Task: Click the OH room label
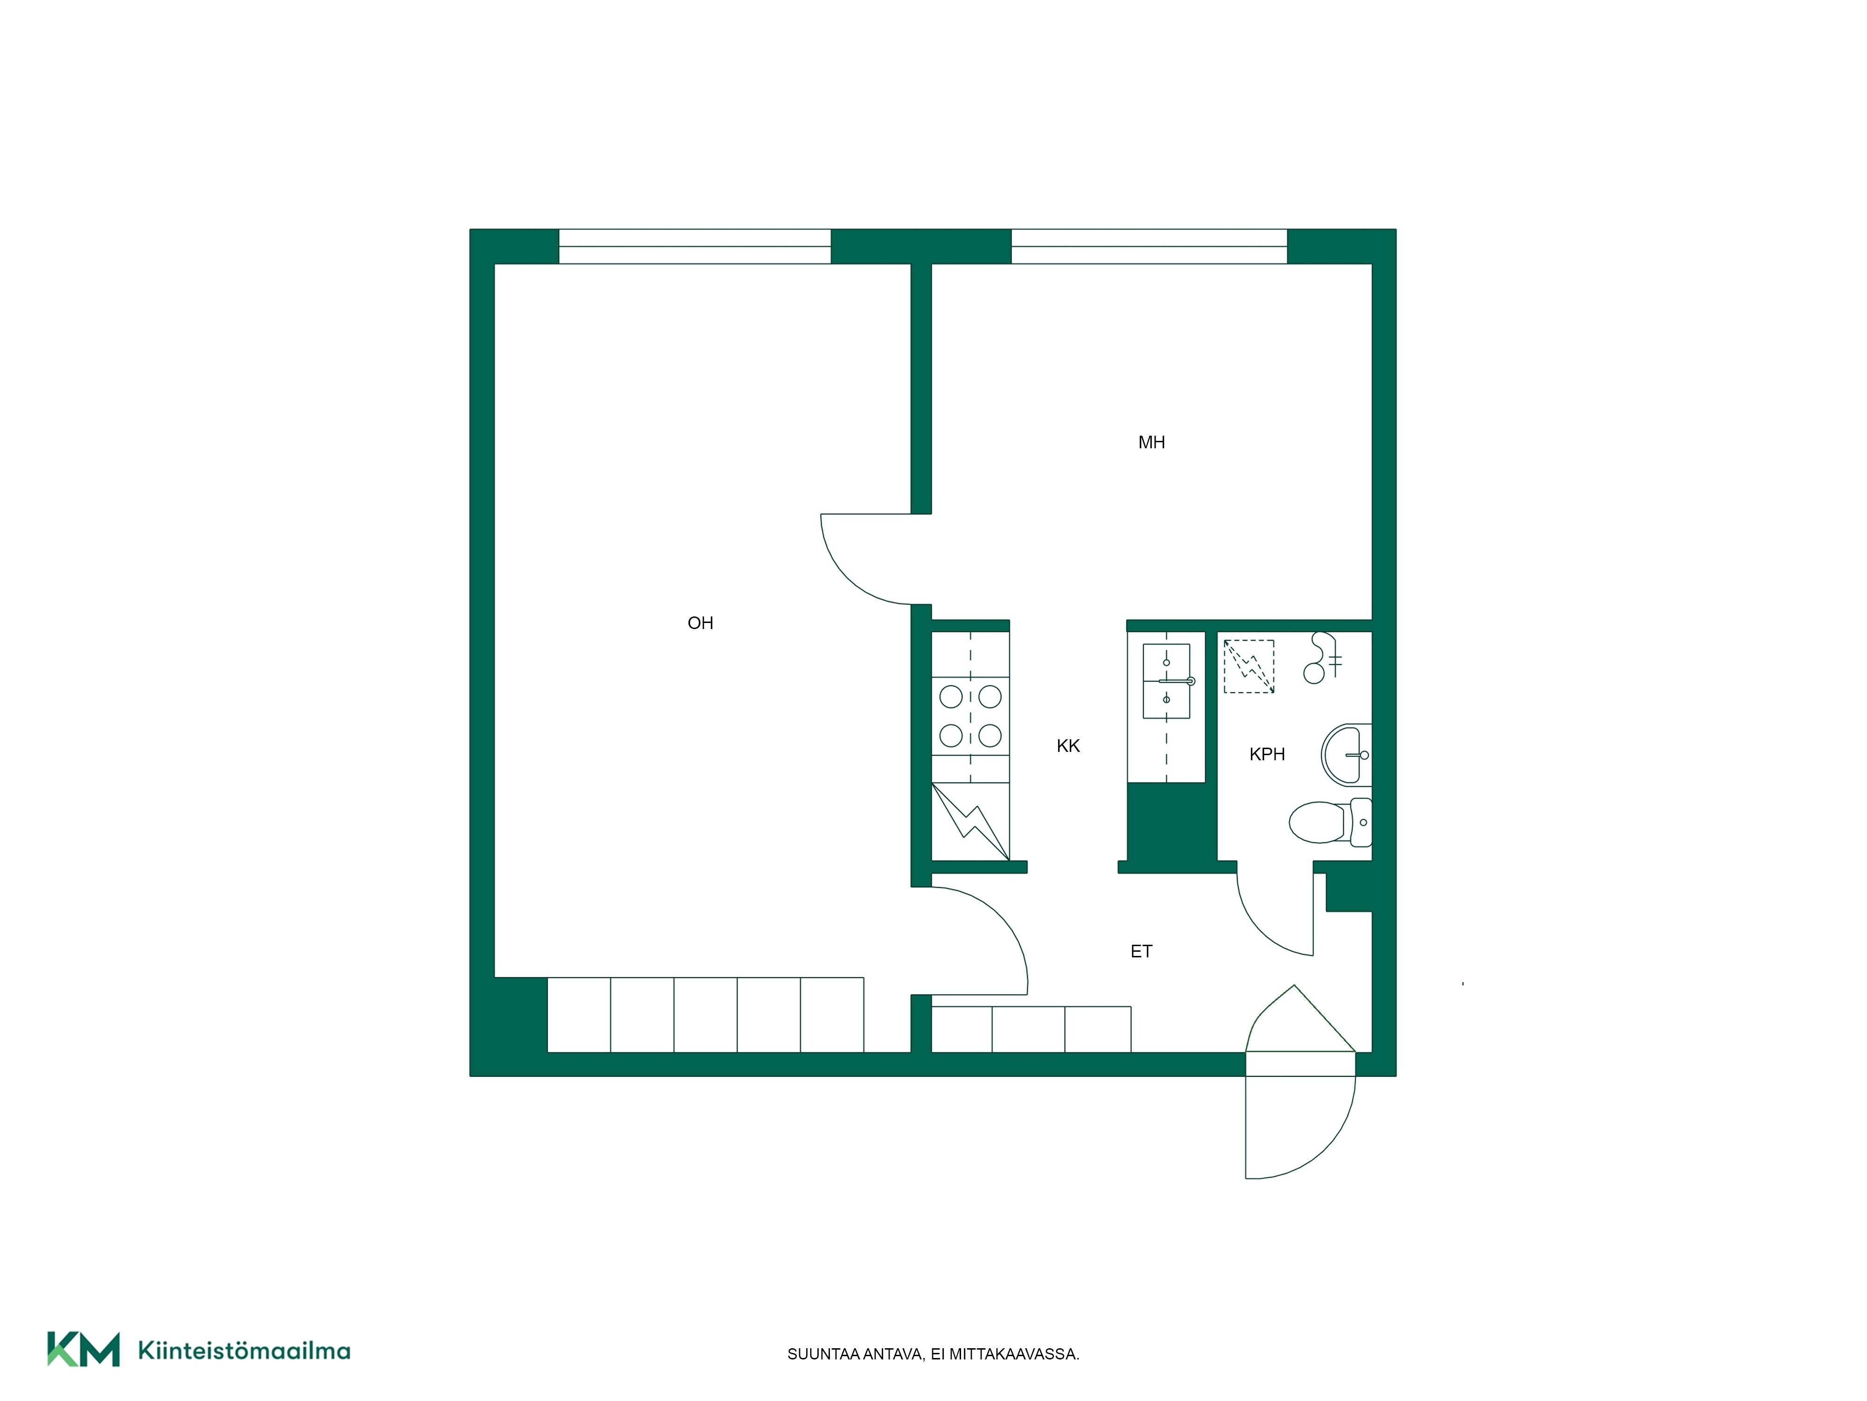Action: tap(701, 623)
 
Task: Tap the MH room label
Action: tap(1151, 443)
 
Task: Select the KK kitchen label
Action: tap(1068, 746)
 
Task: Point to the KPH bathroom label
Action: tap(1267, 754)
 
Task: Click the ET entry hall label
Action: tap(1141, 952)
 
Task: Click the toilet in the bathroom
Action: tap(1329, 821)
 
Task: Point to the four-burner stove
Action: tap(971, 716)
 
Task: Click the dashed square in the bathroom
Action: tap(1249, 666)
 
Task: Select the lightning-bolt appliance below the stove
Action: tap(971, 821)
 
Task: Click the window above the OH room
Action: tap(695, 247)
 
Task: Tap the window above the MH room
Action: tap(1149, 247)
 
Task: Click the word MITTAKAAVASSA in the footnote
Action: tap(1015, 1355)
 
